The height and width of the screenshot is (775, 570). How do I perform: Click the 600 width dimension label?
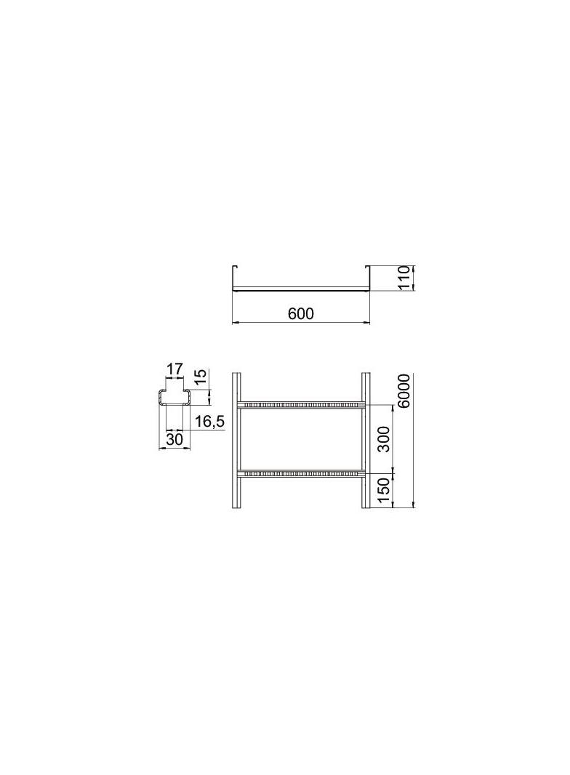coord(300,313)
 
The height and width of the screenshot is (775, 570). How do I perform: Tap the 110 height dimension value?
coord(404,278)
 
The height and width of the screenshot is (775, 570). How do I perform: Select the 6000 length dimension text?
coord(404,390)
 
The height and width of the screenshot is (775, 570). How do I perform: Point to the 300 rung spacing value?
coord(384,439)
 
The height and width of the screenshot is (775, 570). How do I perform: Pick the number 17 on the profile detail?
coord(174,369)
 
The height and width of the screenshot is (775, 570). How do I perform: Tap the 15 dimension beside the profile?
coord(200,377)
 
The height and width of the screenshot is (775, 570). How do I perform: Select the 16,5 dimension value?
coord(209,422)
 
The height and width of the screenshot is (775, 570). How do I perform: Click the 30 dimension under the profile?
coord(174,439)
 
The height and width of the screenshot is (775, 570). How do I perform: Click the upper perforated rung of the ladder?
coord(300,405)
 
